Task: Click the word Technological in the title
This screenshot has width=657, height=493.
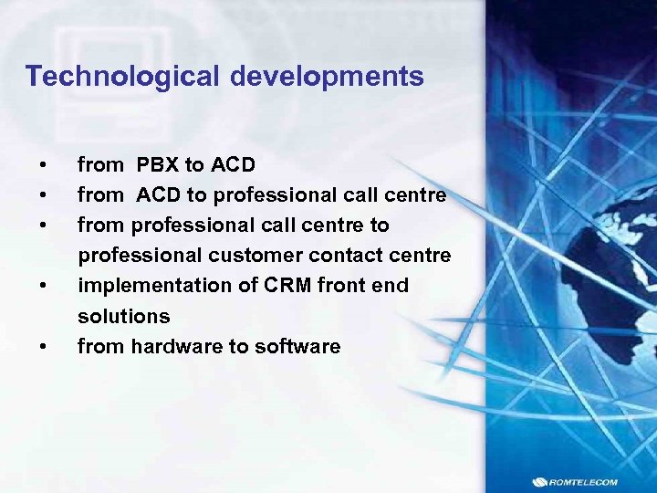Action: (123, 77)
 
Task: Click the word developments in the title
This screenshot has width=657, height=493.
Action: (327, 77)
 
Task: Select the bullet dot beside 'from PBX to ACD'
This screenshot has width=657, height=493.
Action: (42, 165)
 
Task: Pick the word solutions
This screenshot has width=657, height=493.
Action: (123, 316)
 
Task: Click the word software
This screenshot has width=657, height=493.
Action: (300, 346)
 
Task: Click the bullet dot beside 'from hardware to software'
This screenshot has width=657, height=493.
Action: (42, 346)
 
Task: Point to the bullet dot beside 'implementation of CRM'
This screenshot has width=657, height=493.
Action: (42, 286)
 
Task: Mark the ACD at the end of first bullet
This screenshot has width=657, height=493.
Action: (233, 165)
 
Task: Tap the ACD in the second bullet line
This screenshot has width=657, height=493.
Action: (159, 195)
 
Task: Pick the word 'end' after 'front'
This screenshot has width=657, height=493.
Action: (391, 286)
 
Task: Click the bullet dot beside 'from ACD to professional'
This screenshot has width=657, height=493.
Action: (42, 195)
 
